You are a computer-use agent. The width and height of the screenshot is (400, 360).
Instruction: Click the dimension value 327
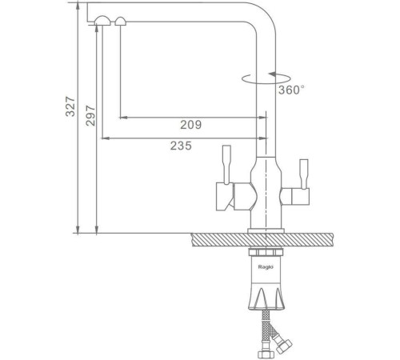click(x=70, y=106)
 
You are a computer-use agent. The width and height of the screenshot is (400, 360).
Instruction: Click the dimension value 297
click(x=90, y=116)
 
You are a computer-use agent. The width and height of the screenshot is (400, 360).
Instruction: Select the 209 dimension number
click(x=191, y=125)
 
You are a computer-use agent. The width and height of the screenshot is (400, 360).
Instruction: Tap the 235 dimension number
click(x=181, y=146)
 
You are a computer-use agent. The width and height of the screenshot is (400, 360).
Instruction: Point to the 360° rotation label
click(x=291, y=90)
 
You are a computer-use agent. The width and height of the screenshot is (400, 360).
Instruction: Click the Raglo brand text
click(x=266, y=267)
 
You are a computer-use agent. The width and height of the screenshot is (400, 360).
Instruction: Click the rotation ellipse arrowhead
click(x=272, y=74)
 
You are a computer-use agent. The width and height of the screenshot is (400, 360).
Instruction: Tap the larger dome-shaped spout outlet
click(x=102, y=21)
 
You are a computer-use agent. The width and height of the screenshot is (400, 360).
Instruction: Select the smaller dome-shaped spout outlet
click(x=121, y=22)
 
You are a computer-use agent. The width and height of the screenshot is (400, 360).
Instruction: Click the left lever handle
click(x=226, y=165)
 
